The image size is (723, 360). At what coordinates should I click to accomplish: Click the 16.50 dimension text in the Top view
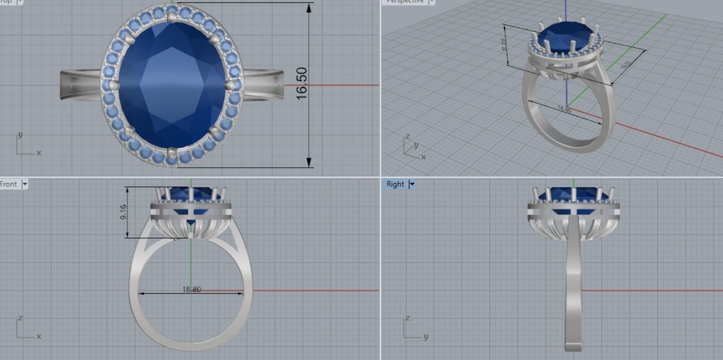point(302,83)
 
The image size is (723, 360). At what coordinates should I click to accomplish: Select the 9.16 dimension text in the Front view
point(123,212)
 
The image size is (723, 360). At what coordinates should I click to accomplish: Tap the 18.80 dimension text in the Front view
point(191,289)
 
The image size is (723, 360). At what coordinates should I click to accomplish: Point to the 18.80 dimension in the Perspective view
point(564,109)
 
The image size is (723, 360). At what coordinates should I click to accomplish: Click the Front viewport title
point(8,184)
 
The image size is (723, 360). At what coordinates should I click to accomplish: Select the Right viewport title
point(395,184)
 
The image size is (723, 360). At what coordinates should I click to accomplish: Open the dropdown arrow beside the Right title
point(412,184)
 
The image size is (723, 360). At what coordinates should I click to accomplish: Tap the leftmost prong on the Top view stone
point(114,85)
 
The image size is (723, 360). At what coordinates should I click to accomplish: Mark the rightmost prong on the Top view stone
point(230,85)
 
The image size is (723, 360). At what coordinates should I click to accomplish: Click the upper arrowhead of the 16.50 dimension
point(309,8)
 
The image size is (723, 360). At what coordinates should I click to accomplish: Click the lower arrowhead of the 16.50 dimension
point(309,162)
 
